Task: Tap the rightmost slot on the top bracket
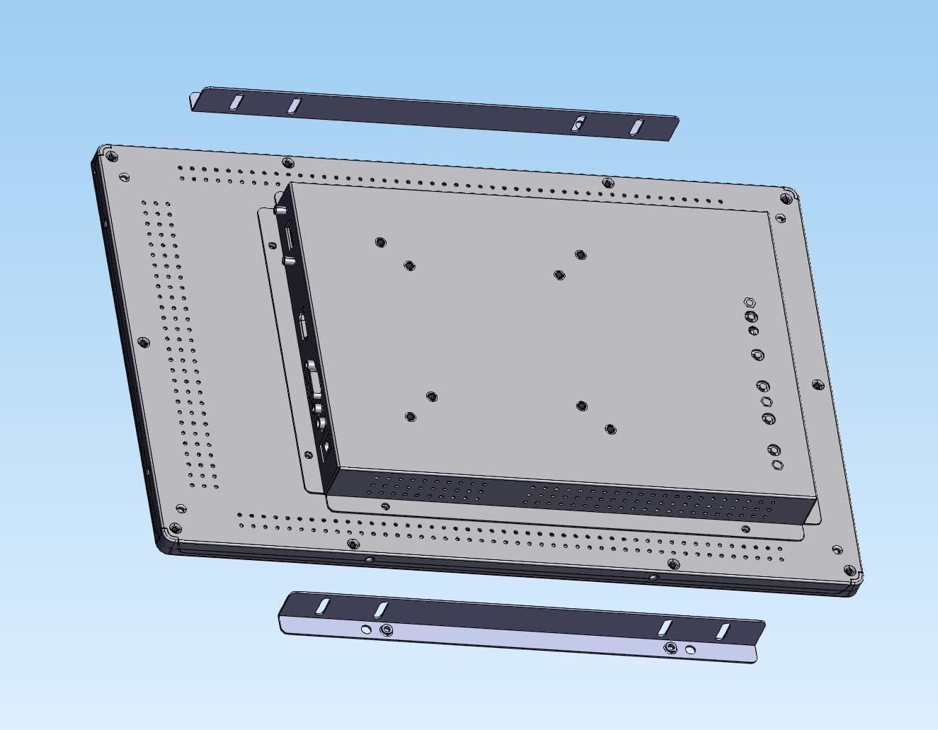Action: pos(637,127)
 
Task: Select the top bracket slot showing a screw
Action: pos(579,124)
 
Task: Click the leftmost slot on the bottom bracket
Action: pos(322,605)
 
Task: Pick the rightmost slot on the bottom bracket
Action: pos(722,631)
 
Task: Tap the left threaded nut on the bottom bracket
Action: pos(386,630)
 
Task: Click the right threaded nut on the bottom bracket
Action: pos(670,647)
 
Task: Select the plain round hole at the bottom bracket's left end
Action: pos(365,629)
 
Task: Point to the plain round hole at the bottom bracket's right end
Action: pos(690,649)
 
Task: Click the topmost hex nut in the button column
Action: pos(750,302)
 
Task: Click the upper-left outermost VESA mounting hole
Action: pos(380,242)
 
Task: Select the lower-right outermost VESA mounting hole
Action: pos(610,429)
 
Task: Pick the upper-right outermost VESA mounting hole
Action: pos(580,254)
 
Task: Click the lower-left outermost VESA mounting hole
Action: pos(411,417)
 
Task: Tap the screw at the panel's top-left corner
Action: pos(111,155)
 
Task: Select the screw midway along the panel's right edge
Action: pos(818,384)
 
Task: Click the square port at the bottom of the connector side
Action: pos(326,446)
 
